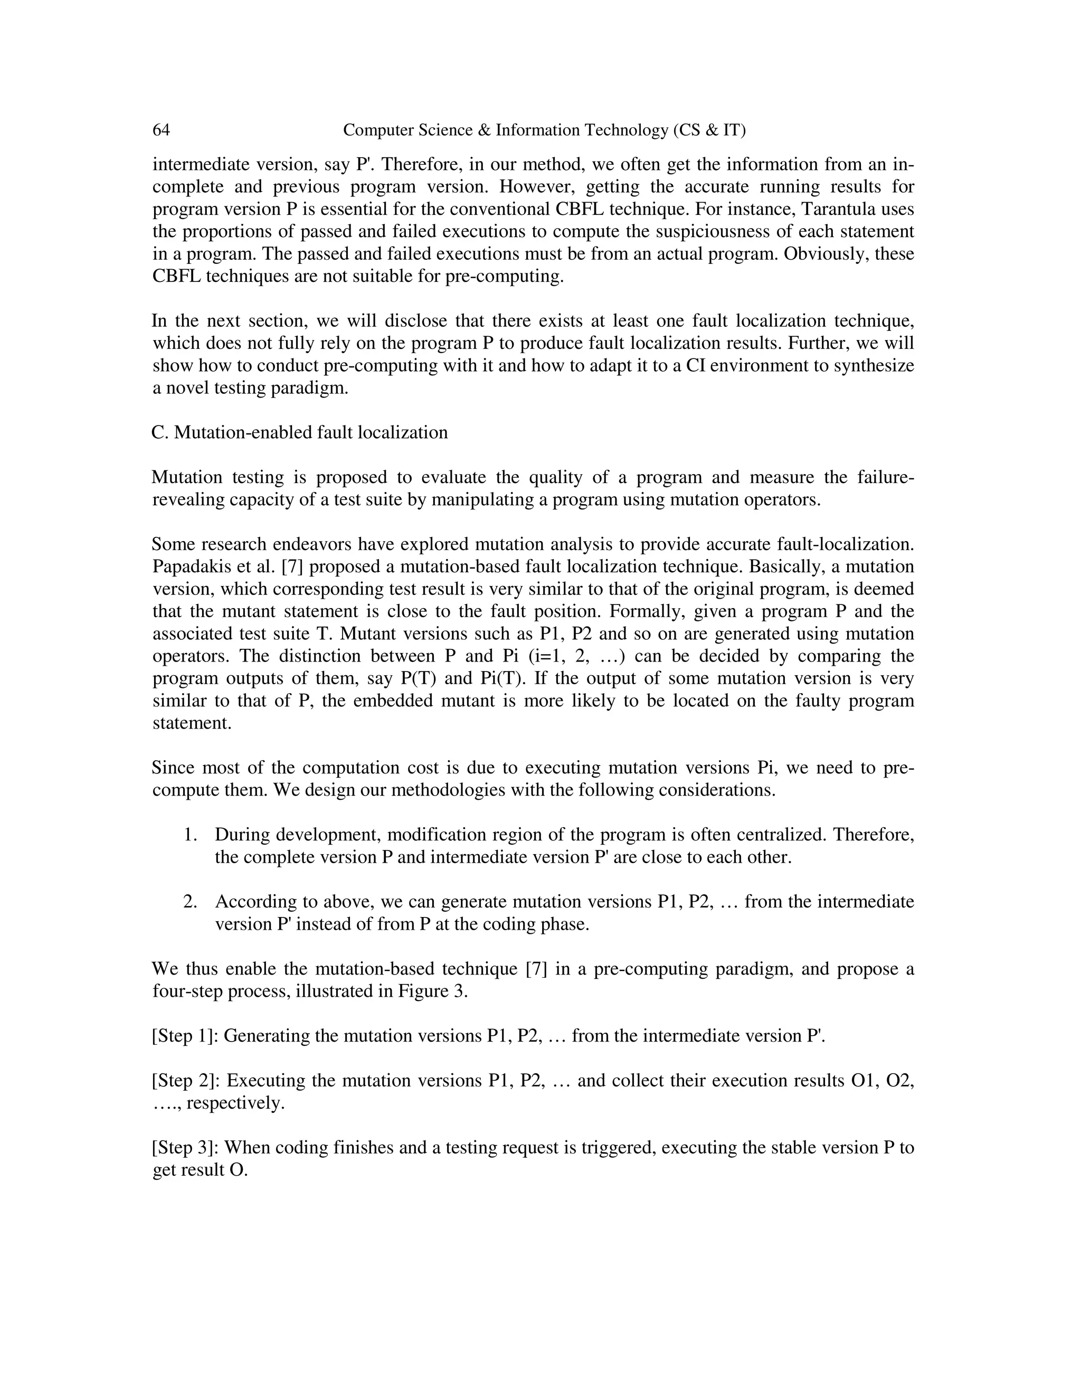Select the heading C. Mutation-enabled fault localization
pyautogui.click(x=300, y=432)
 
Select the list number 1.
pyautogui.click(x=189, y=835)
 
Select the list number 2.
pyautogui.click(x=189, y=902)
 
